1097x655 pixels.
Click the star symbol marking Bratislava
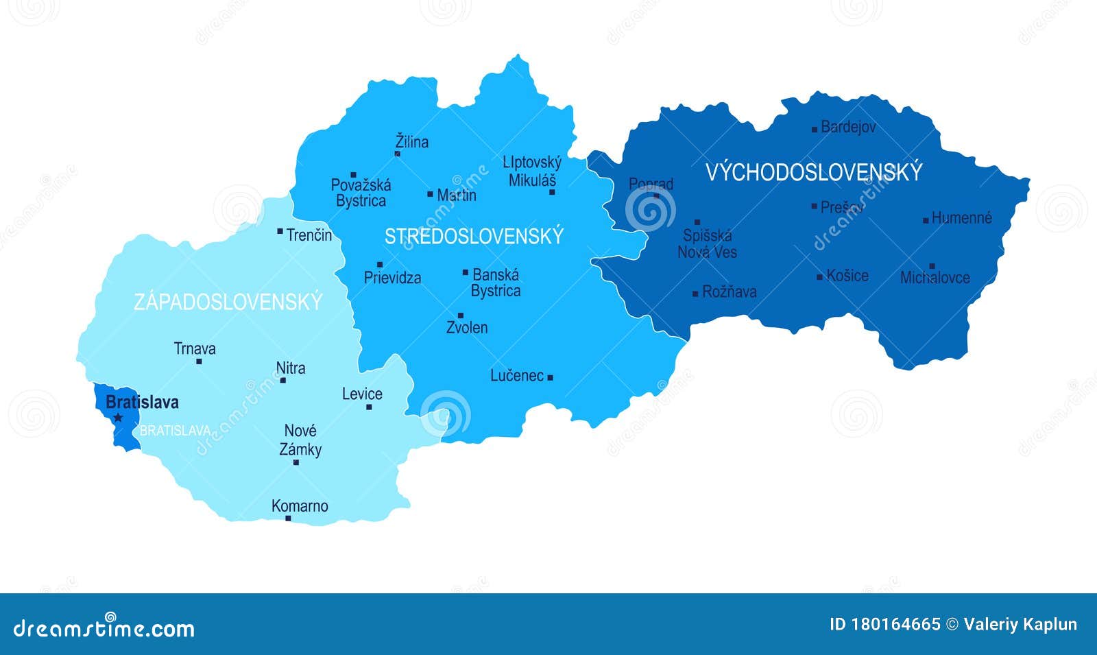click(118, 417)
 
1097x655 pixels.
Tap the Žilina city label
click(412, 142)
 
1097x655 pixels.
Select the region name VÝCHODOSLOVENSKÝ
click(814, 172)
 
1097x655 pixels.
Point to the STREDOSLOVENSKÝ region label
click(474, 236)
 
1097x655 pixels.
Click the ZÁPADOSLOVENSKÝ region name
click(228, 302)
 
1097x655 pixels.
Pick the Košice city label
click(847, 276)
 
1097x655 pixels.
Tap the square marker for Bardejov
click(815, 129)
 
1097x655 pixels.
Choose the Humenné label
click(962, 218)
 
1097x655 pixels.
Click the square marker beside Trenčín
click(280, 231)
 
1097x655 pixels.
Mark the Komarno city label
click(300, 506)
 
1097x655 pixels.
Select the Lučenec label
click(517, 376)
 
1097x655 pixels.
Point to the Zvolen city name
click(467, 328)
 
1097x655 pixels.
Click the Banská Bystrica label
click(496, 283)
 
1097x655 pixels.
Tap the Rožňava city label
click(730, 292)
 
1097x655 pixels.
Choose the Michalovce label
click(935, 278)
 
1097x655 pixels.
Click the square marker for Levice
click(369, 407)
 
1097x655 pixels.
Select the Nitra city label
click(291, 368)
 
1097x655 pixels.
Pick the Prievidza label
click(392, 278)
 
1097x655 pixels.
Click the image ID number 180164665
click(895, 624)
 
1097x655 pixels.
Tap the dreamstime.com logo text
click(104, 628)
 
